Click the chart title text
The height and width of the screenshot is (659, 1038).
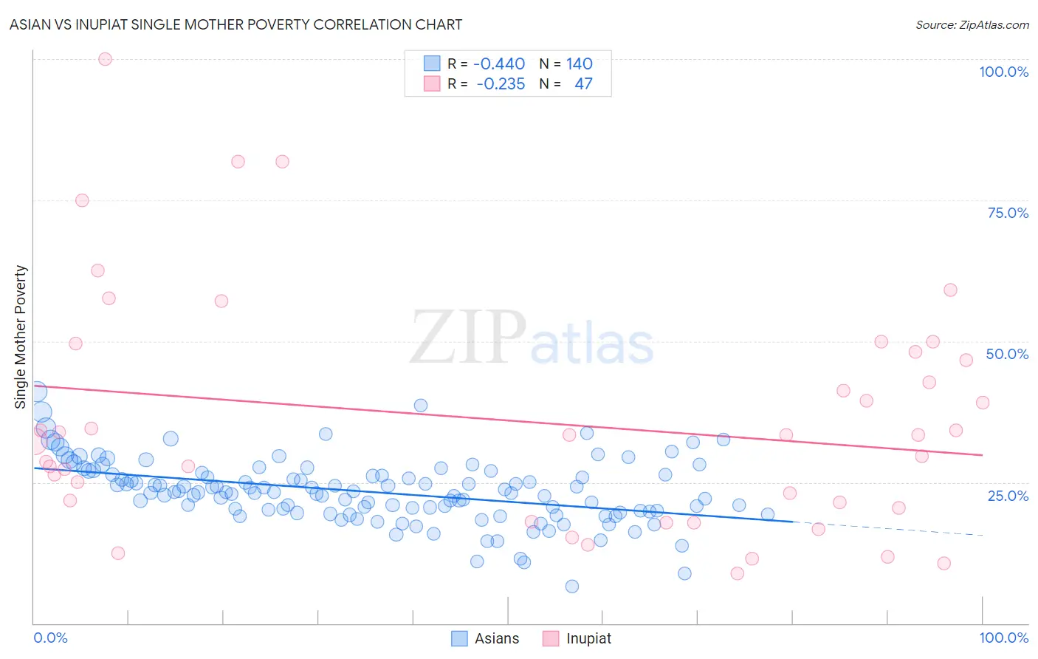236,24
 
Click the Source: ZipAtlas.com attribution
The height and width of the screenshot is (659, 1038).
972,24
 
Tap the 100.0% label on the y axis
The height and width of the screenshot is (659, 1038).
1003,72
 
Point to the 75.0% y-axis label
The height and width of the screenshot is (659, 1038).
1008,213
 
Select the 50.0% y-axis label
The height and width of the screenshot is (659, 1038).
1007,354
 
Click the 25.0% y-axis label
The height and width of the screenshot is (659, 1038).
1008,495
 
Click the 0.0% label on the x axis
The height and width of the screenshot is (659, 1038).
50,638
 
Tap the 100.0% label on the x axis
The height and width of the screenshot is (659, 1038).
1003,638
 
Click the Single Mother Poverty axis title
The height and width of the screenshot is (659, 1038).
21,337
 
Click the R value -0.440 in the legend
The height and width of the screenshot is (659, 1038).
499,64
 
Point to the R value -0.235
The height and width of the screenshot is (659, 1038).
501,84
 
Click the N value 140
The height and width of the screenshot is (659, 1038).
580,64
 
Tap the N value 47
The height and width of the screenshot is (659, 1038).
583,84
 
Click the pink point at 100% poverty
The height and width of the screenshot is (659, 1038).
105,59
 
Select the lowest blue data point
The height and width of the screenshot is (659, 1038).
571,587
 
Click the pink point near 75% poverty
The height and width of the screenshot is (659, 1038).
82,200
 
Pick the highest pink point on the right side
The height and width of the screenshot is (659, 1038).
950,290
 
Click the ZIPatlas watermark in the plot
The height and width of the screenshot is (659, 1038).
532,338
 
